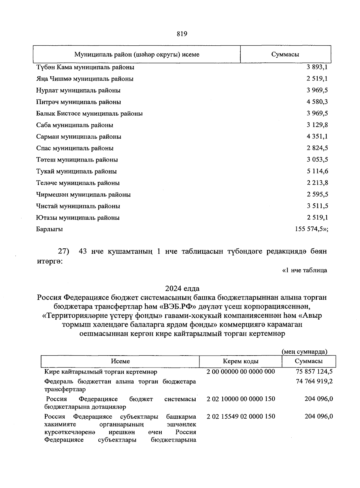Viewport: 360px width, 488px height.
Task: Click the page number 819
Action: click(x=182, y=34)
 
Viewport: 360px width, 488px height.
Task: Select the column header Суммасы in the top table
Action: click(x=285, y=54)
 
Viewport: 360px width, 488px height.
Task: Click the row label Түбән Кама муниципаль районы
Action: click(x=85, y=67)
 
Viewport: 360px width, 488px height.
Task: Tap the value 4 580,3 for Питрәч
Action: click(x=317, y=102)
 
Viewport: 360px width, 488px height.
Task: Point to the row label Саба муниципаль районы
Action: click(x=75, y=125)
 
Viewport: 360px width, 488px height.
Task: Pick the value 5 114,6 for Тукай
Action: click(x=317, y=171)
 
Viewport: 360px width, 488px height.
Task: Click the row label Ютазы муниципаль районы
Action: click(x=78, y=218)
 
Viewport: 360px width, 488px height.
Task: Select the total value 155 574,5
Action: click(x=311, y=229)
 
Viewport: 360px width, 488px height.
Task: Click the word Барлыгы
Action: click(x=49, y=229)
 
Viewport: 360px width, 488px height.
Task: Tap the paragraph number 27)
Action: click(x=63, y=251)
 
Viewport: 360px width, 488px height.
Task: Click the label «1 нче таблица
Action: click(x=305, y=270)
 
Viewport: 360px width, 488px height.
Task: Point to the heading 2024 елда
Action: click(x=182, y=289)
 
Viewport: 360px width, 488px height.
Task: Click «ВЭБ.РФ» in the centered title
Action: click(x=178, y=307)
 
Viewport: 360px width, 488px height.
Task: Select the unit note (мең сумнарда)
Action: click(x=304, y=351)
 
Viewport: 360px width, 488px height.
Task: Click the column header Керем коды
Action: click(x=241, y=361)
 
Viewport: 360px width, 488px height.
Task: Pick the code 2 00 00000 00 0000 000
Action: click(x=241, y=371)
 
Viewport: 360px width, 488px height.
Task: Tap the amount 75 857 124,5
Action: click(x=314, y=371)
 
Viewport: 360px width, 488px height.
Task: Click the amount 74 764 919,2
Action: click(x=314, y=381)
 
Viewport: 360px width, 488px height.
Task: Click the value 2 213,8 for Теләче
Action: click(x=317, y=183)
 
